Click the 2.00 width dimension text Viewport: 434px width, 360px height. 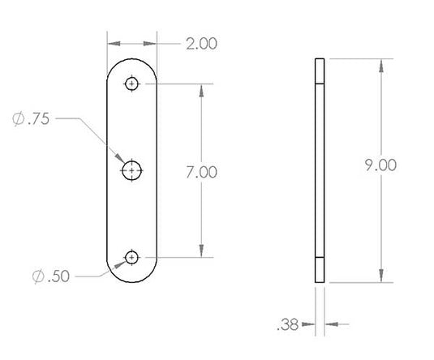201,44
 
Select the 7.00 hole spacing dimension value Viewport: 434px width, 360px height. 201,172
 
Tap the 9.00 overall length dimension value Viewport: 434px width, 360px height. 380,165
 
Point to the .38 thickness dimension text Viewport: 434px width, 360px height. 288,324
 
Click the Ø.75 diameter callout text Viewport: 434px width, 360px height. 31,118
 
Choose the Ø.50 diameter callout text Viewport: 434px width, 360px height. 50,276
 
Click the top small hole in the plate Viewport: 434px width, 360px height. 131,84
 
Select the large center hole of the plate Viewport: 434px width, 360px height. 131,170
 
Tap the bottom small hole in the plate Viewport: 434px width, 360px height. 131,257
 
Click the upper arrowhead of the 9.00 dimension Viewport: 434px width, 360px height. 381,66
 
